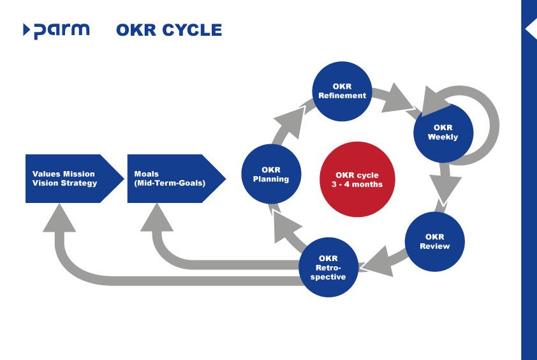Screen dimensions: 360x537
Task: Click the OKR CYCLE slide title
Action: click(169, 30)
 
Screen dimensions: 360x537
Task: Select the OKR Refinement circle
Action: click(342, 91)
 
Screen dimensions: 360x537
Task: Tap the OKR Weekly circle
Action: click(443, 132)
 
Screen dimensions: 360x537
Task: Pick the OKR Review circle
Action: click(435, 242)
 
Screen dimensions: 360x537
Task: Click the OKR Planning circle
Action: click(271, 174)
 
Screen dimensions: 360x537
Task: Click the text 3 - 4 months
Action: click(358, 185)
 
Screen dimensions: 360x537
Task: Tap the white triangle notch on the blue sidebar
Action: click(530, 29)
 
